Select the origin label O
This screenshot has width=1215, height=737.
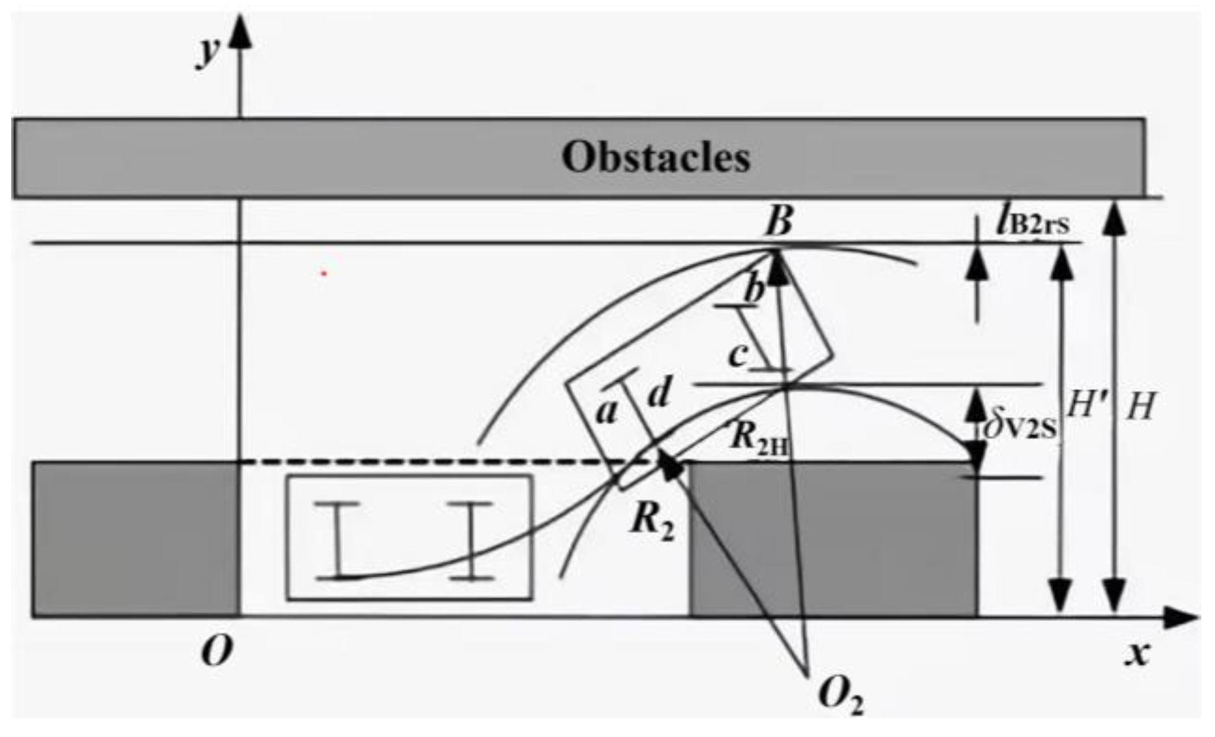tap(217, 653)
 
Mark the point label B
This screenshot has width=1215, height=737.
tap(779, 221)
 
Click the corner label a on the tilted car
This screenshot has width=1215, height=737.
tap(605, 412)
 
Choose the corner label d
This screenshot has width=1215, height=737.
tap(659, 393)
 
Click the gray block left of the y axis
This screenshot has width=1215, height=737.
tap(135, 539)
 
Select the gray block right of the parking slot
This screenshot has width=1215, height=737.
tap(833, 539)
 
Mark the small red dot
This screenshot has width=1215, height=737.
tap(323, 272)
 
